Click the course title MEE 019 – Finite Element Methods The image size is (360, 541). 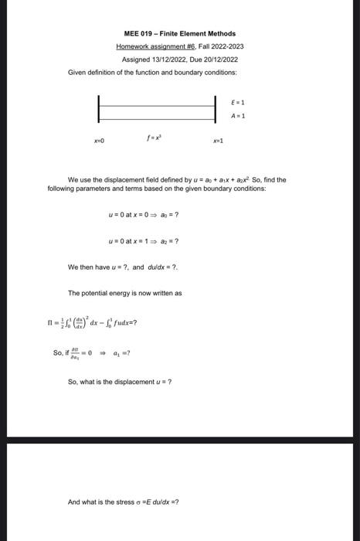tap(180, 34)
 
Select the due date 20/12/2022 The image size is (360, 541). tap(220, 60)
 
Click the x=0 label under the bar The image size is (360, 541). tap(99, 141)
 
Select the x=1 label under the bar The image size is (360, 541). tap(218, 141)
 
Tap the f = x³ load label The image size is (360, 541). tap(152, 139)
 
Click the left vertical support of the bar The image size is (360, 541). tap(99, 108)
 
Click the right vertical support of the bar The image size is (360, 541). tap(216, 108)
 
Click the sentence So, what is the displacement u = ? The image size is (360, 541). tap(120, 382)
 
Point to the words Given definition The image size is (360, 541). tap(90, 72)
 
